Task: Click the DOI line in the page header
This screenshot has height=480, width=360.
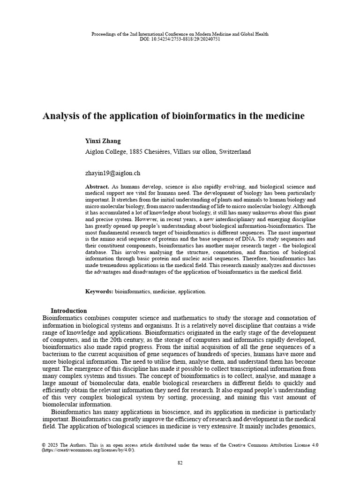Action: (180, 39)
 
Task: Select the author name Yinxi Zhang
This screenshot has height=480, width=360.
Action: (103, 141)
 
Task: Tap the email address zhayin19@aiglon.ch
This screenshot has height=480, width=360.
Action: (112, 173)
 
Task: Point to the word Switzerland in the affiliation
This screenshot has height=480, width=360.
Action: (233, 152)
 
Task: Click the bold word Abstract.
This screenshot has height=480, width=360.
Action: (97, 187)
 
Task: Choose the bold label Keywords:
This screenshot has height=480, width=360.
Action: (99, 292)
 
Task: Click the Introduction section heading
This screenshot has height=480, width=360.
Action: (68, 311)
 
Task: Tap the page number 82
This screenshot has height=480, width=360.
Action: (180, 463)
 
